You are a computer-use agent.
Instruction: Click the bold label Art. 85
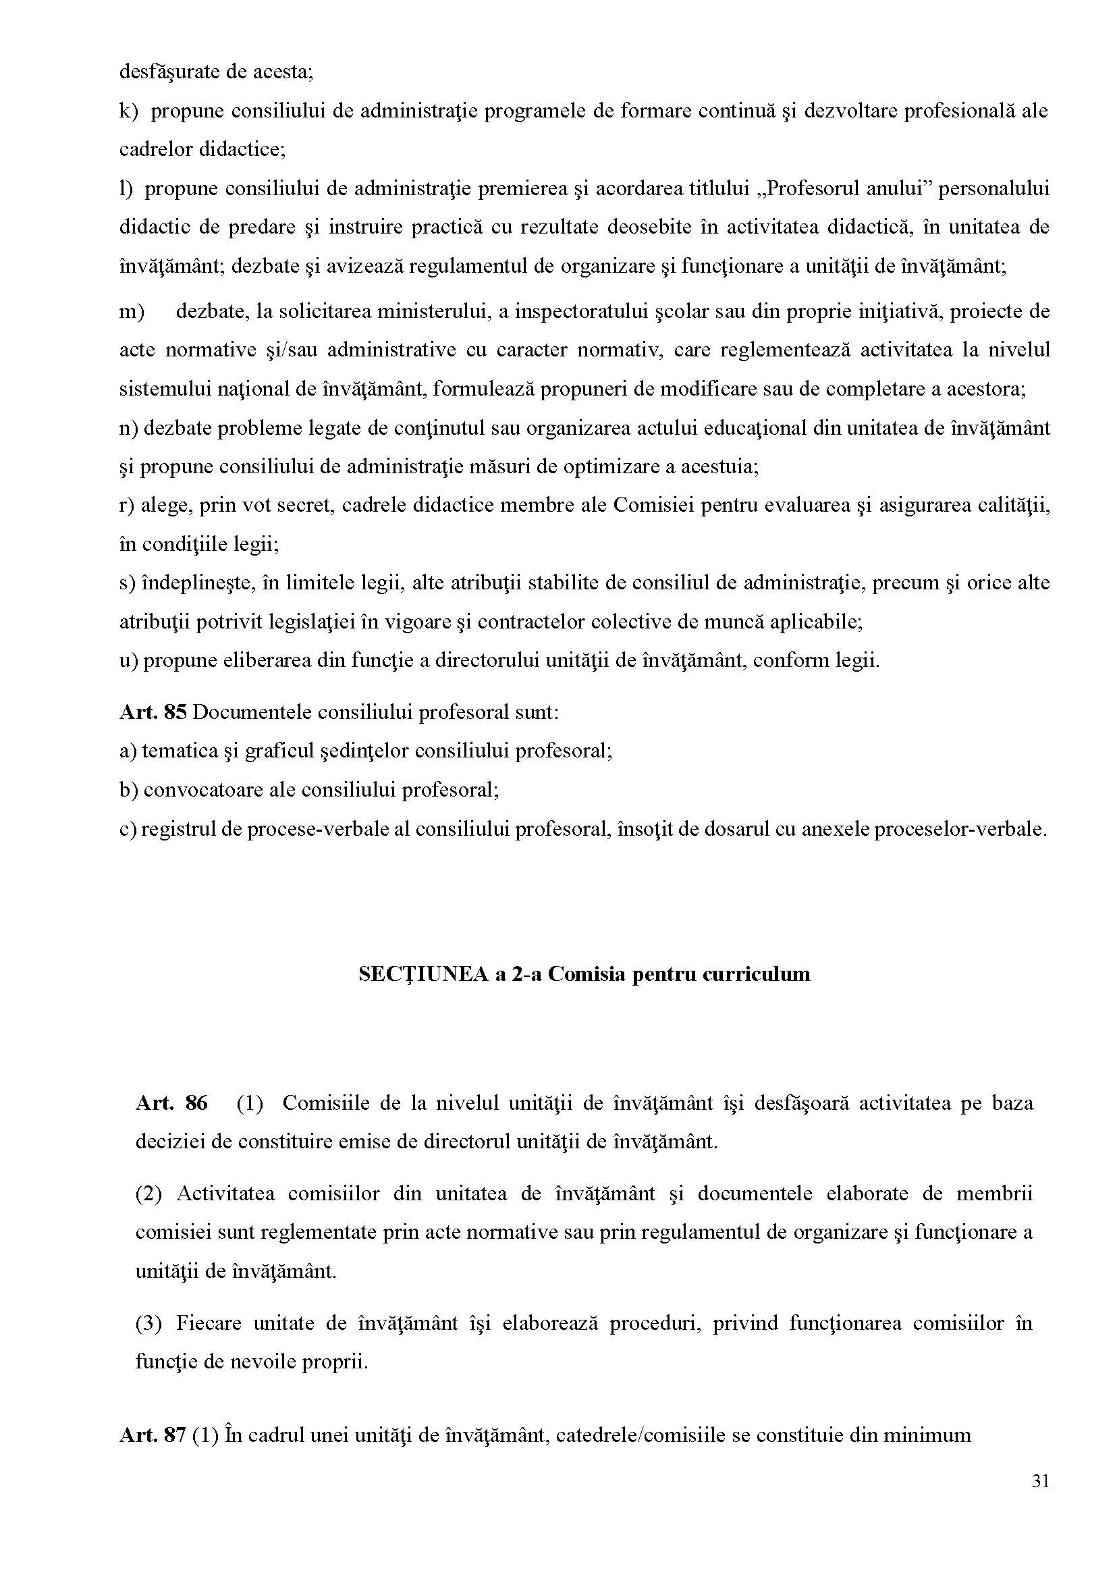coord(153,712)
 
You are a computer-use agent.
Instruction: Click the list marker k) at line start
coord(129,111)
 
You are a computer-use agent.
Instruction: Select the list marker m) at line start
coord(132,312)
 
